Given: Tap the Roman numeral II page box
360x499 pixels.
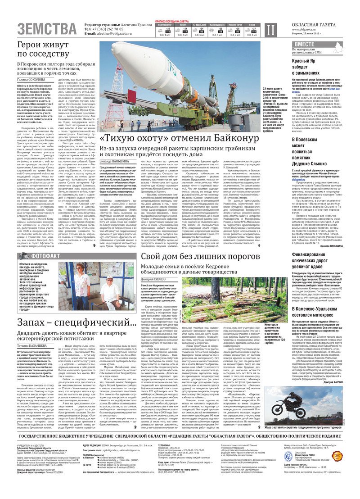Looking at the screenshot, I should (x=269, y=30).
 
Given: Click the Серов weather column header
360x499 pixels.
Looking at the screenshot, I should (x=252, y=24).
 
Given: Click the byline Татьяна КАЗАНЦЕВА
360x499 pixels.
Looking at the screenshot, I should (x=35, y=345).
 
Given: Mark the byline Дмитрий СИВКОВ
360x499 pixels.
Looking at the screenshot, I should (x=155, y=279).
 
